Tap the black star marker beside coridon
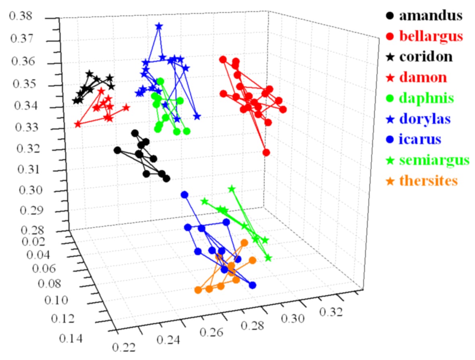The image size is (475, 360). [x=390, y=57]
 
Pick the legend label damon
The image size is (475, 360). [x=423, y=78]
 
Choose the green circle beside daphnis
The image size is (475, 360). [x=390, y=98]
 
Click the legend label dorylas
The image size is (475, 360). [x=425, y=119]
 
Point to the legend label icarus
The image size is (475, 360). [x=420, y=139]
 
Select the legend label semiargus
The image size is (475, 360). [x=434, y=160]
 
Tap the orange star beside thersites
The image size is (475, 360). [x=390, y=181]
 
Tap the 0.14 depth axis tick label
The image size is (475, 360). [x=71, y=339]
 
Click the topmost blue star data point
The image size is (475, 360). [x=159, y=27]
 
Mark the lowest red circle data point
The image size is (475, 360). [x=266, y=152]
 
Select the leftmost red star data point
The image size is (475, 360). [x=78, y=125]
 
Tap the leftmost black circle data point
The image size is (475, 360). [x=117, y=150]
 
